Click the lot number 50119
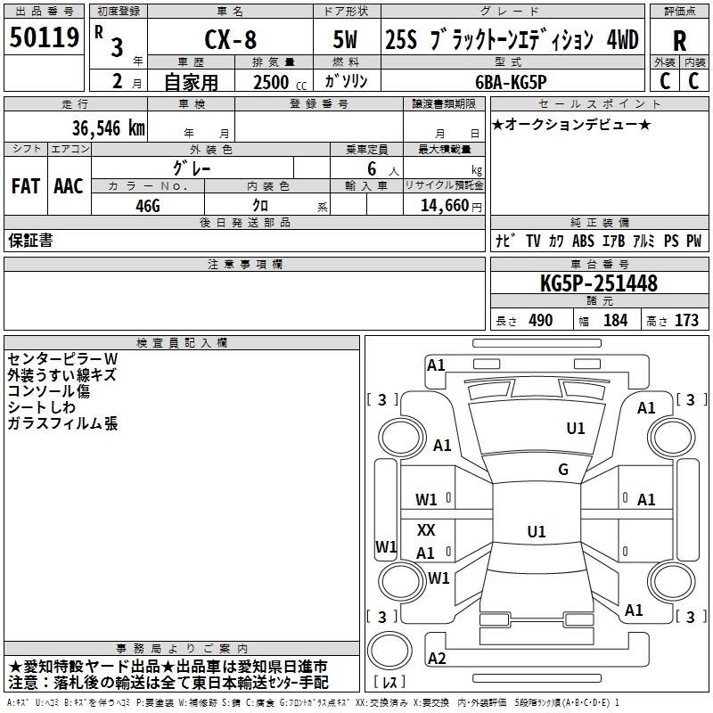[x=44, y=37]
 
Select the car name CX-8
[x=231, y=39]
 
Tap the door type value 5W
[x=345, y=39]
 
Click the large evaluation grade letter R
[x=679, y=41]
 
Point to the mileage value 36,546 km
[x=108, y=127]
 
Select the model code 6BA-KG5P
[x=511, y=82]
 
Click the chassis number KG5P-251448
[x=598, y=283]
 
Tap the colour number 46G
[x=148, y=206]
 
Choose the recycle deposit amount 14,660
[x=444, y=206]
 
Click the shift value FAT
[x=26, y=186]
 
